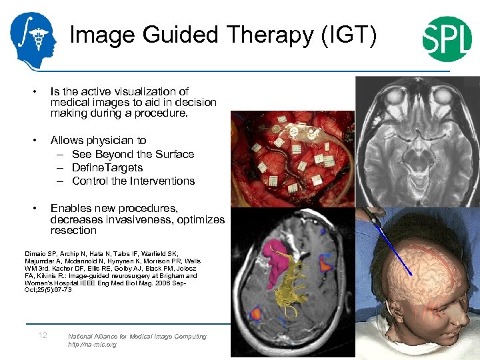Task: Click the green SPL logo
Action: point(447,39)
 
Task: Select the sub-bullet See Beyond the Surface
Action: point(133,154)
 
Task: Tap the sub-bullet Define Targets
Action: point(107,167)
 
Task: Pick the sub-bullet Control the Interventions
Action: point(133,181)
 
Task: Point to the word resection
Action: point(73,231)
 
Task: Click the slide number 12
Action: point(43,335)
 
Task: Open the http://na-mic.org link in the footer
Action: point(92,345)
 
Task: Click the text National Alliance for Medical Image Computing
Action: point(137,337)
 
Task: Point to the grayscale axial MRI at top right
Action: point(417,140)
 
